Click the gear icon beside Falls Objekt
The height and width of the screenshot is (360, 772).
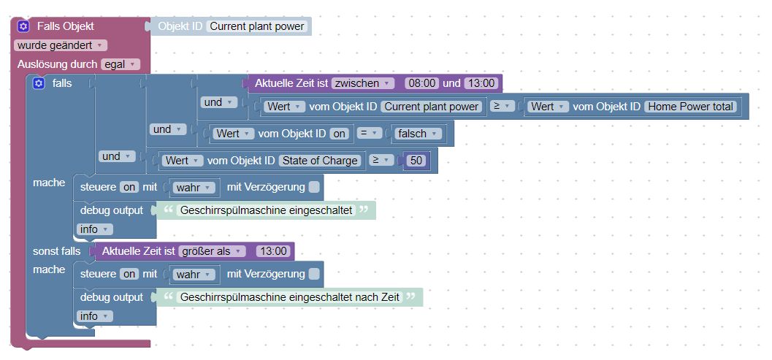pyautogui.click(x=23, y=26)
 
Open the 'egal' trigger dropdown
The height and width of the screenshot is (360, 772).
pyautogui.click(x=120, y=64)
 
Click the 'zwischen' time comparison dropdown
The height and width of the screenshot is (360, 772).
pyautogui.click(x=363, y=83)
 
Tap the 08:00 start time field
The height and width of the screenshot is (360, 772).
pyautogui.click(x=421, y=83)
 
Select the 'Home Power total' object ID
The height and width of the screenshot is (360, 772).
pyautogui.click(x=690, y=107)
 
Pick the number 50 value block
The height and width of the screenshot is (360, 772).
pyautogui.click(x=416, y=161)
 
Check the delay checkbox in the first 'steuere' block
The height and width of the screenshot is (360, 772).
pyautogui.click(x=314, y=188)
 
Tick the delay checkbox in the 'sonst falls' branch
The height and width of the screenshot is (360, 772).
pyautogui.click(x=314, y=274)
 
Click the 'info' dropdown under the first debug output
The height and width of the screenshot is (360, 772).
pyautogui.click(x=94, y=229)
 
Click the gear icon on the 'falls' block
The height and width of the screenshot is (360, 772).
pyautogui.click(x=39, y=83)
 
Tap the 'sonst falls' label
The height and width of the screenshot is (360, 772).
pyautogui.click(x=57, y=251)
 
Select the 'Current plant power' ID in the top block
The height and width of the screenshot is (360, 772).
pyautogui.click(x=256, y=27)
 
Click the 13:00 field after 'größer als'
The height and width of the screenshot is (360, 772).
pyautogui.click(x=274, y=251)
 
